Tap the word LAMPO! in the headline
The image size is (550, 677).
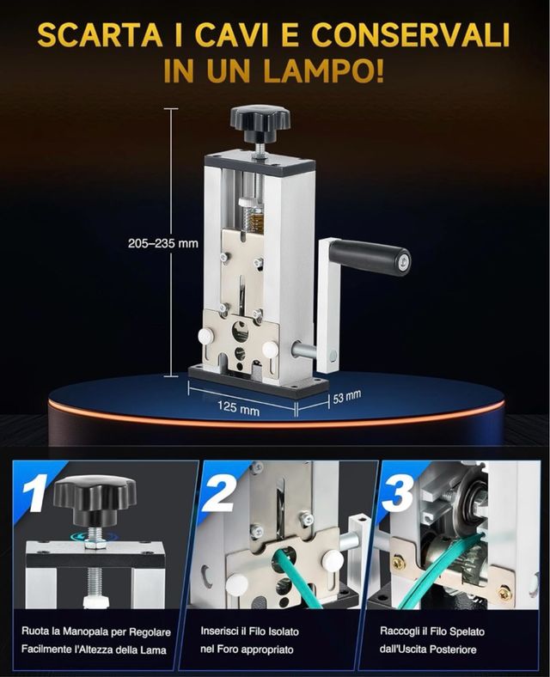tap(324, 71)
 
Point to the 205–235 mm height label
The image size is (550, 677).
tap(163, 243)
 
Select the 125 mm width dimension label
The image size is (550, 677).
tap(239, 407)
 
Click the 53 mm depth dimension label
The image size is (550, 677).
tap(346, 396)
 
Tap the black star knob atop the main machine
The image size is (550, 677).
tap(260, 122)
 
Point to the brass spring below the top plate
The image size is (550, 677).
tap(255, 217)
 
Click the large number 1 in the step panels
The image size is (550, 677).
tap(37, 494)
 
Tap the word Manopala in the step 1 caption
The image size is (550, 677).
tap(85, 631)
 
